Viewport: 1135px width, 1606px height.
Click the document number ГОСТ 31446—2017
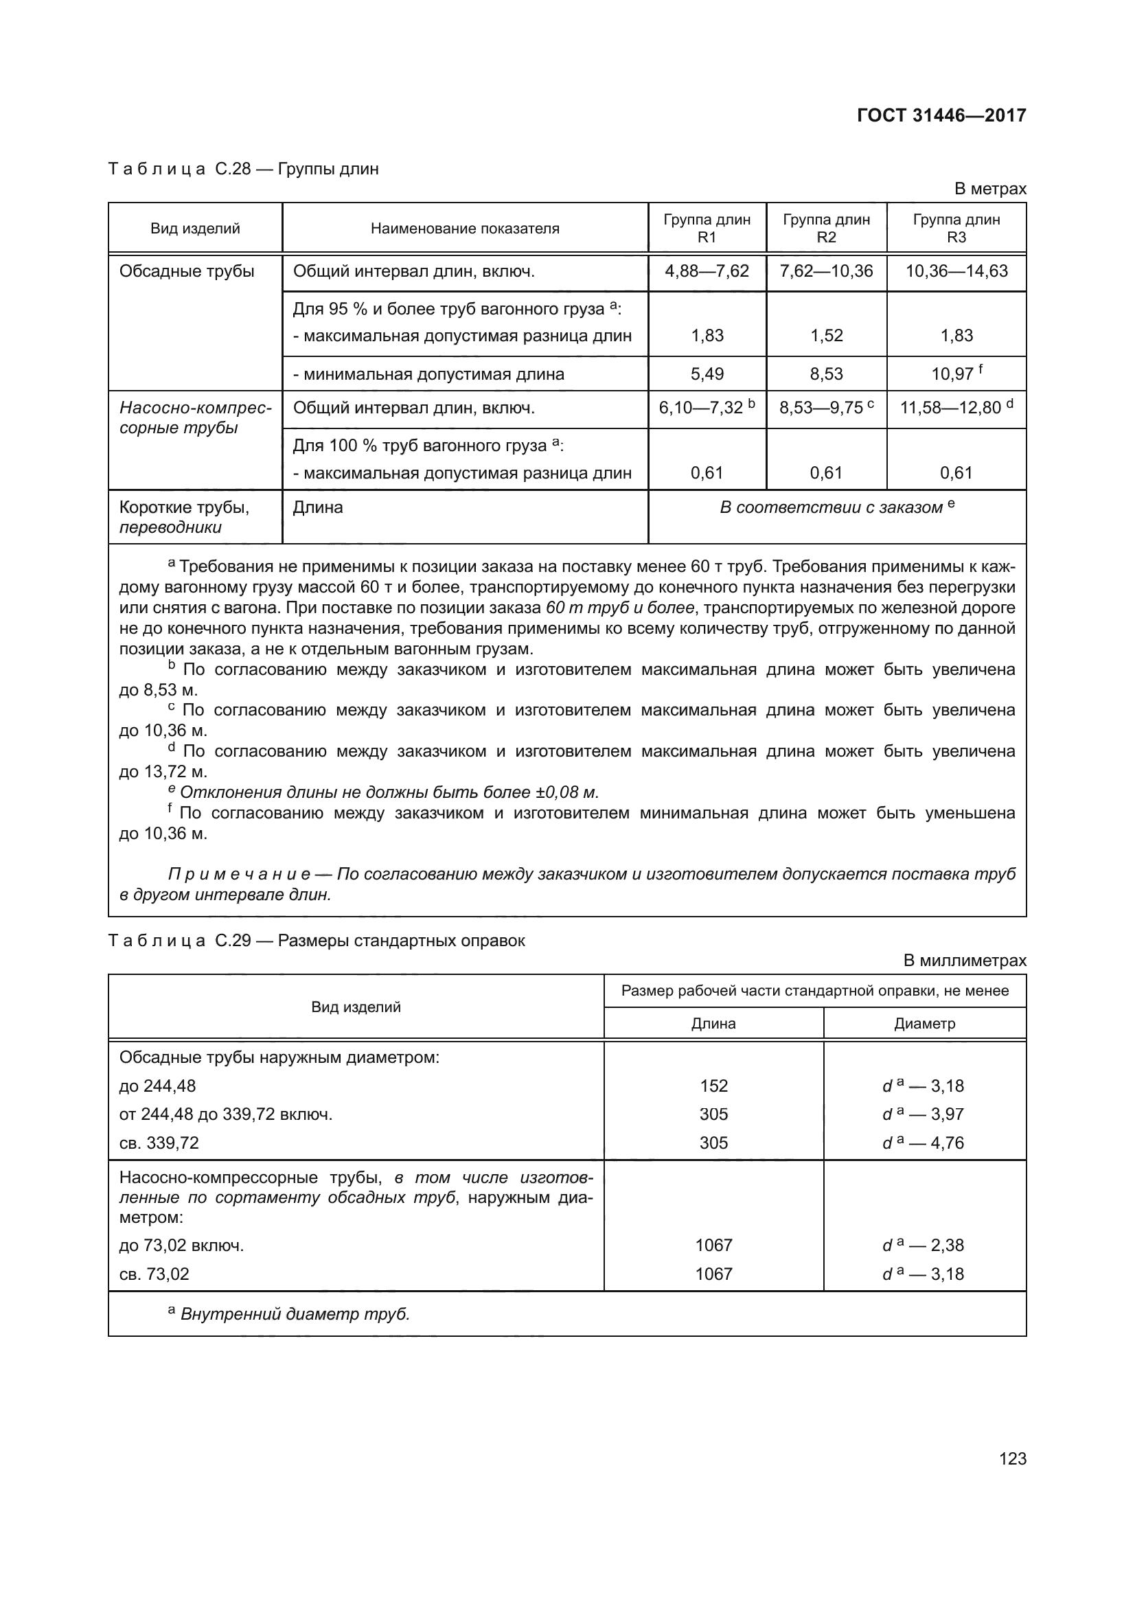tap(941, 115)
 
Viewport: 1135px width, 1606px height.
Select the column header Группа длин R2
tap(826, 228)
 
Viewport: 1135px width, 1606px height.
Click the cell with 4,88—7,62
tap(707, 271)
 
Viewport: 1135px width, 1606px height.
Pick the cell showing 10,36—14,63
tap(956, 271)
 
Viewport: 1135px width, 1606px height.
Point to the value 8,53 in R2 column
tap(826, 374)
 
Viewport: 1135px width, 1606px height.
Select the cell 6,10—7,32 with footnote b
tap(707, 408)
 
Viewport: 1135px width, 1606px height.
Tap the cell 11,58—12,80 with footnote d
tap(956, 408)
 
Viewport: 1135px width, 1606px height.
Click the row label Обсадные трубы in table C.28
tap(187, 271)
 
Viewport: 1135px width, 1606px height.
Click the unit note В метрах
tap(990, 189)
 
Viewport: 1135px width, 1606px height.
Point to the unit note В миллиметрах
tap(964, 961)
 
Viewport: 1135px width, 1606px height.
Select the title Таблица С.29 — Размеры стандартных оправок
tap(316, 940)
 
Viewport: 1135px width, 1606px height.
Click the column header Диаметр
tap(924, 1023)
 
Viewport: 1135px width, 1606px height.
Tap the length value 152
tap(713, 1086)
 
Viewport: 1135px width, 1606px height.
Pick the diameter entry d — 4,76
tap(923, 1143)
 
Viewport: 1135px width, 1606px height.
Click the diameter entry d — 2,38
tap(923, 1245)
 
